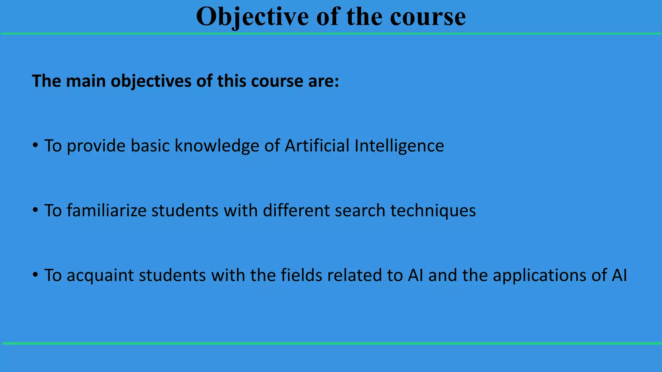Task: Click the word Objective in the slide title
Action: [252, 17]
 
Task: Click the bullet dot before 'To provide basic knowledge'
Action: [35, 145]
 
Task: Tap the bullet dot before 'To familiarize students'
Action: [35, 210]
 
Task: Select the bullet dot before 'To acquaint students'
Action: [35, 275]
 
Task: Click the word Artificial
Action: [317, 145]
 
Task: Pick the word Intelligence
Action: [399, 146]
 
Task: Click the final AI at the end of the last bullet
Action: [619, 275]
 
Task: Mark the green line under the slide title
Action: [331, 34]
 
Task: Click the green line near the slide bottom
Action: [331, 343]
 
